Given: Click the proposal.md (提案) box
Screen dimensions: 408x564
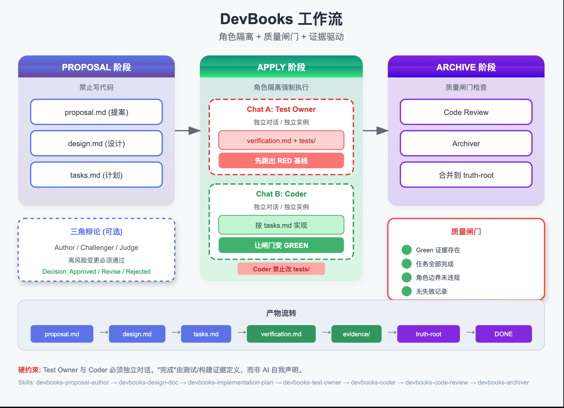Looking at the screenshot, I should pos(96,112).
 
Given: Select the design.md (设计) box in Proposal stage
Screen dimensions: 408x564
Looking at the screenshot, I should pos(96,143).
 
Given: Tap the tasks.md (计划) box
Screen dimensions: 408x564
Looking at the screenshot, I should pos(96,175).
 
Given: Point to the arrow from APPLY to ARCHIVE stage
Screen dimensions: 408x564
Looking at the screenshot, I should pos(375,131).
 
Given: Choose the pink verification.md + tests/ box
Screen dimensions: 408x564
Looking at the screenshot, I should pos(281,140).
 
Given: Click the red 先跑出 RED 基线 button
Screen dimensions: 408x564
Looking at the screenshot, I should pos(281,160).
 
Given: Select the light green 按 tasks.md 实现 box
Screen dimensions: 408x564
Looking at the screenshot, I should pos(281,225).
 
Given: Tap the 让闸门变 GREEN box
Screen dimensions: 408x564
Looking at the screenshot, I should pos(281,245).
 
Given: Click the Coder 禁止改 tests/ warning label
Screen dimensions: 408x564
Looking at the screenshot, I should pos(281,269).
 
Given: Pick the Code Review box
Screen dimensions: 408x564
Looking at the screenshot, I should pos(466,112).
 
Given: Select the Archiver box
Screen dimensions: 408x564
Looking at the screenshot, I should pos(466,143).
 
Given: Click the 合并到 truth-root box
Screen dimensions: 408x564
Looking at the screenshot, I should pos(466,175).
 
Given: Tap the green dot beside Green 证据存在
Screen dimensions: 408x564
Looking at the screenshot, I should pos(406,250).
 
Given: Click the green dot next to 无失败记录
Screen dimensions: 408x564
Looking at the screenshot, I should pos(406,291).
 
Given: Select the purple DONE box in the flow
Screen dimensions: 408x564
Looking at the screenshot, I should pos(504,334).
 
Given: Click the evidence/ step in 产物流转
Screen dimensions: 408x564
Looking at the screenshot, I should pos(356,334).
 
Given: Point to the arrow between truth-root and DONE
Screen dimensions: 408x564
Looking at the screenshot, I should pos(471,332).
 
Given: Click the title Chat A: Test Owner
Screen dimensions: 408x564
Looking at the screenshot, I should pos(281,109).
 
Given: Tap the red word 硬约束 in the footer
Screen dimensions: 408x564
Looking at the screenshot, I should pos(30,370).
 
